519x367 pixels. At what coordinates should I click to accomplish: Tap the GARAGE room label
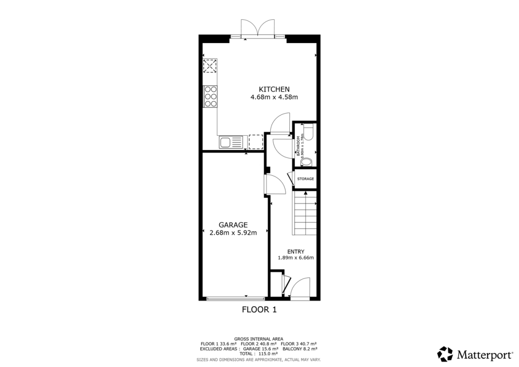click(x=233, y=225)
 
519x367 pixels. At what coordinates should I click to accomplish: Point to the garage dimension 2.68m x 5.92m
click(x=233, y=233)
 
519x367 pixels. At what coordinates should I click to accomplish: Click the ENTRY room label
click(x=295, y=251)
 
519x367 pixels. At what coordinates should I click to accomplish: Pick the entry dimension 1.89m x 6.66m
click(x=295, y=258)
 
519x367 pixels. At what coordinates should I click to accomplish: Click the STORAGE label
click(x=305, y=179)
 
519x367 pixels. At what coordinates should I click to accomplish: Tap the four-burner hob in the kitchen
click(x=210, y=96)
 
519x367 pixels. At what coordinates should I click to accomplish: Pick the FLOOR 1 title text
click(x=259, y=310)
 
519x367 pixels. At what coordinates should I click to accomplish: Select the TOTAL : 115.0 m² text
click(x=258, y=354)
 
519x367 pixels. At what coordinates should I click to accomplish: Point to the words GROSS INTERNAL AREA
click(x=258, y=339)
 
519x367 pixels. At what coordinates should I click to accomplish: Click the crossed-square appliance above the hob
click(x=210, y=66)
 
